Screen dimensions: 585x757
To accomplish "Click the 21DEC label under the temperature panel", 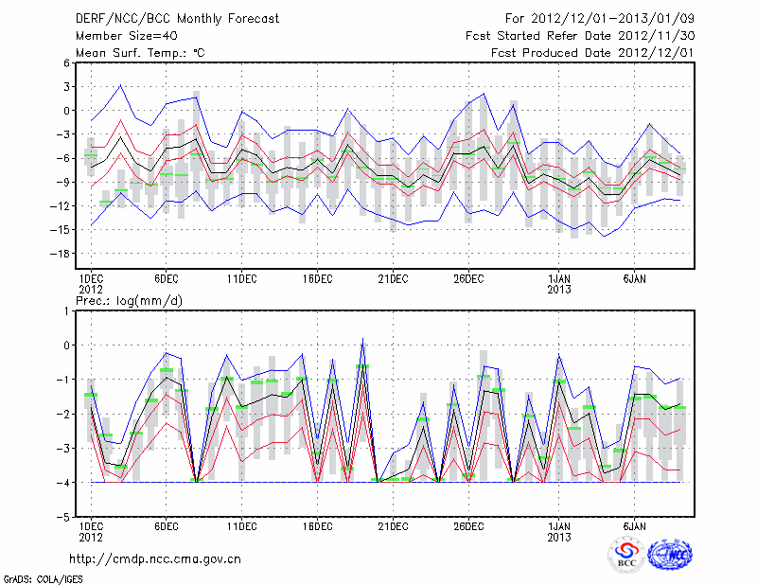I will pos(393,278).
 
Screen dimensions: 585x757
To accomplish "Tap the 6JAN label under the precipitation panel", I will pos(635,525).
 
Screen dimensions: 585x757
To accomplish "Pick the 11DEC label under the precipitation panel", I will pos(241,525).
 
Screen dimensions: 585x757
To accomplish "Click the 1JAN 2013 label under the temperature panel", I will pos(560,284).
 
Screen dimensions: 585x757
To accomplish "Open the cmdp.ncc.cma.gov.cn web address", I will pos(156,558).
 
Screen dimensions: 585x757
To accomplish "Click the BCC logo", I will pos(625,555).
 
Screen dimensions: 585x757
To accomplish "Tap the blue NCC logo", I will pos(671,555).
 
